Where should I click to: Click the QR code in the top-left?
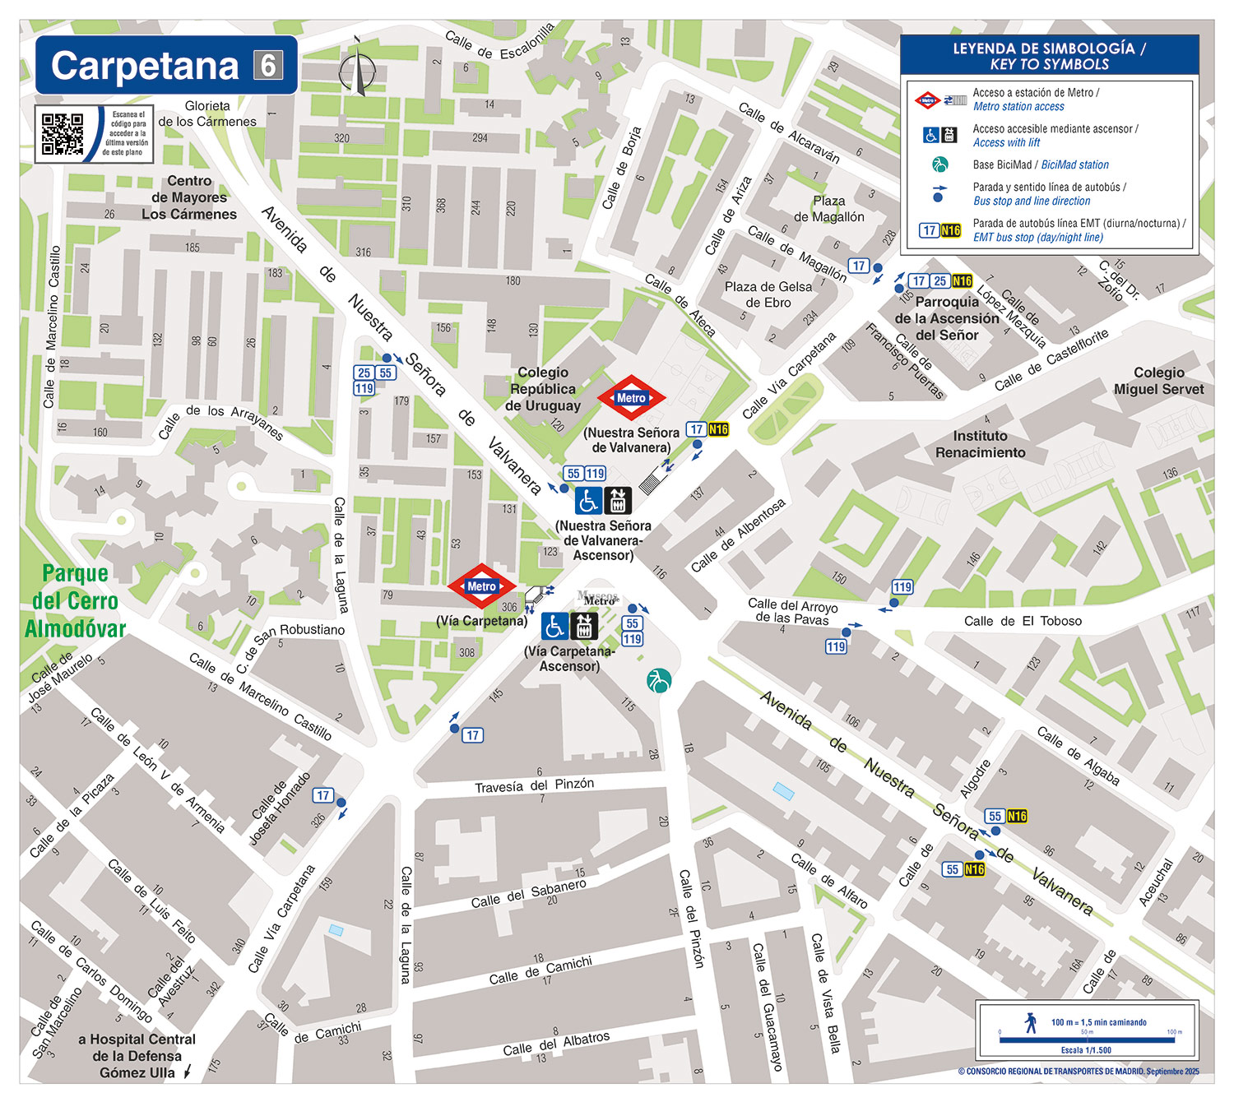(x=63, y=134)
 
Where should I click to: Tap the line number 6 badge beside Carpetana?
(x=268, y=65)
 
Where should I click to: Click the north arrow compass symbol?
(x=357, y=67)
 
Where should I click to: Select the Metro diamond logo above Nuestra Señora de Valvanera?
(x=631, y=398)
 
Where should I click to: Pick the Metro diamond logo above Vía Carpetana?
(x=481, y=586)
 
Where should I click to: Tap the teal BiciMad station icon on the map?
(x=659, y=681)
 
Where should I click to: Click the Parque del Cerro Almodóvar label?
(x=75, y=601)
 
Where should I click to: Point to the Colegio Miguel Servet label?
(x=1158, y=381)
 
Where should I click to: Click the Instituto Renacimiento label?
(x=980, y=444)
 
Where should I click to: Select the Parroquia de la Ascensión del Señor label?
(x=947, y=318)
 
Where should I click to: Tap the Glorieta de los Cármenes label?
(x=207, y=113)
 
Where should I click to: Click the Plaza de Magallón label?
(x=828, y=209)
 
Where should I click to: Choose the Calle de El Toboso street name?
(x=1023, y=621)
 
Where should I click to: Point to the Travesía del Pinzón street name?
(x=534, y=785)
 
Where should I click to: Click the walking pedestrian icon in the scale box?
(x=1031, y=1023)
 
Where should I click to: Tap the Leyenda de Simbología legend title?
(x=1049, y=56)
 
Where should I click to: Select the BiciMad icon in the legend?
(x=939, y=164)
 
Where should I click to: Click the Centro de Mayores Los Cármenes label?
(x=189, y=197)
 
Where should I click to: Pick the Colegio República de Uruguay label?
(x=543, y=389)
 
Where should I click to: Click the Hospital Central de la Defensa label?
(x=137, y=1056)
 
